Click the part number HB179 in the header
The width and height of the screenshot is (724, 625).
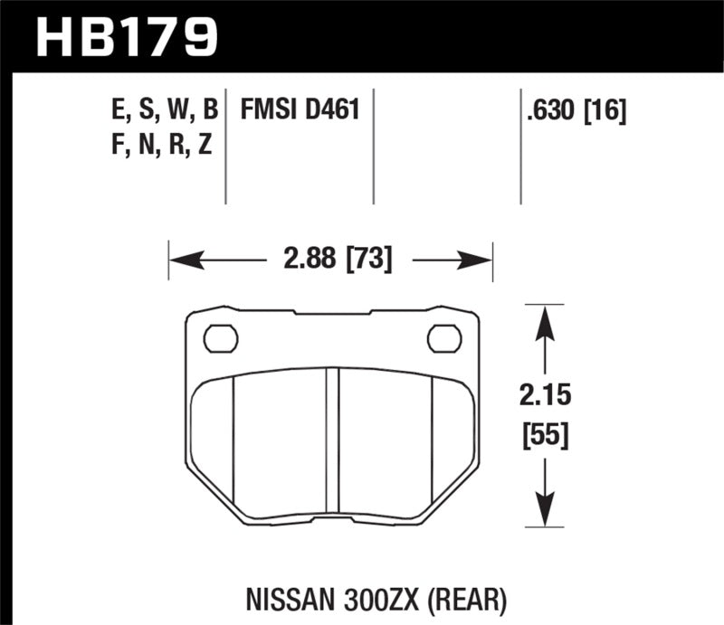(127, 35)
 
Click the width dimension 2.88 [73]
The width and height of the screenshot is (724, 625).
(330, 261)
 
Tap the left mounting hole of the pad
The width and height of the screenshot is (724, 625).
(220, 338)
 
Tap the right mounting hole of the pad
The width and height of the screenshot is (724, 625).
(443, 338)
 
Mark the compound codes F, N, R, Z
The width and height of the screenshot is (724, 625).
(159, 145)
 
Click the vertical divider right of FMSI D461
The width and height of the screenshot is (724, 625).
(374, 145)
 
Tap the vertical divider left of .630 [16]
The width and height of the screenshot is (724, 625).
(520, 145)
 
